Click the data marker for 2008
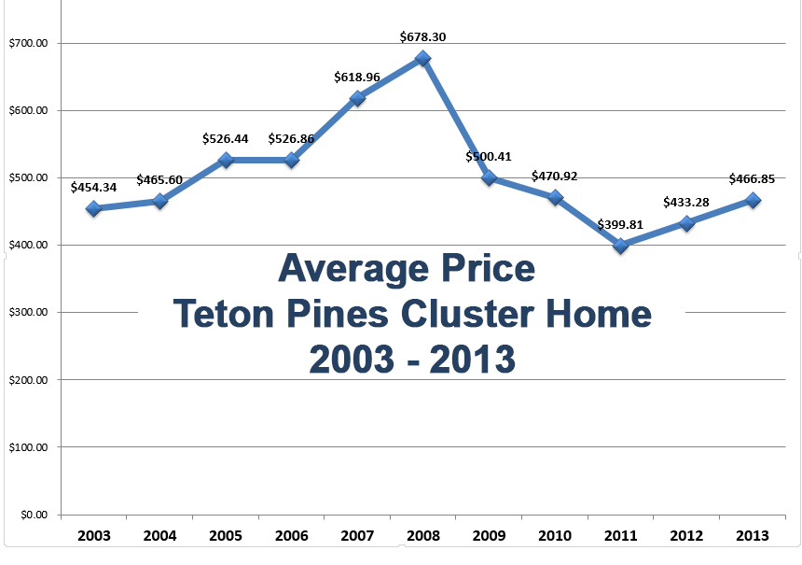coord(422,58)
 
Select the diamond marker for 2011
coord(620,246)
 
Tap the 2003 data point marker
coord(94,208)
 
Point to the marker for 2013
coord(753,200)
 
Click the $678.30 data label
coord(422,36)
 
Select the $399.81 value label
coord(620,224)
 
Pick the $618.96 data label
coord(357,77)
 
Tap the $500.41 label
coord(489,156)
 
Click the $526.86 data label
coord(291,138)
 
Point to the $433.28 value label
coord(686,202)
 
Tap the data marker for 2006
coord(291,160)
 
